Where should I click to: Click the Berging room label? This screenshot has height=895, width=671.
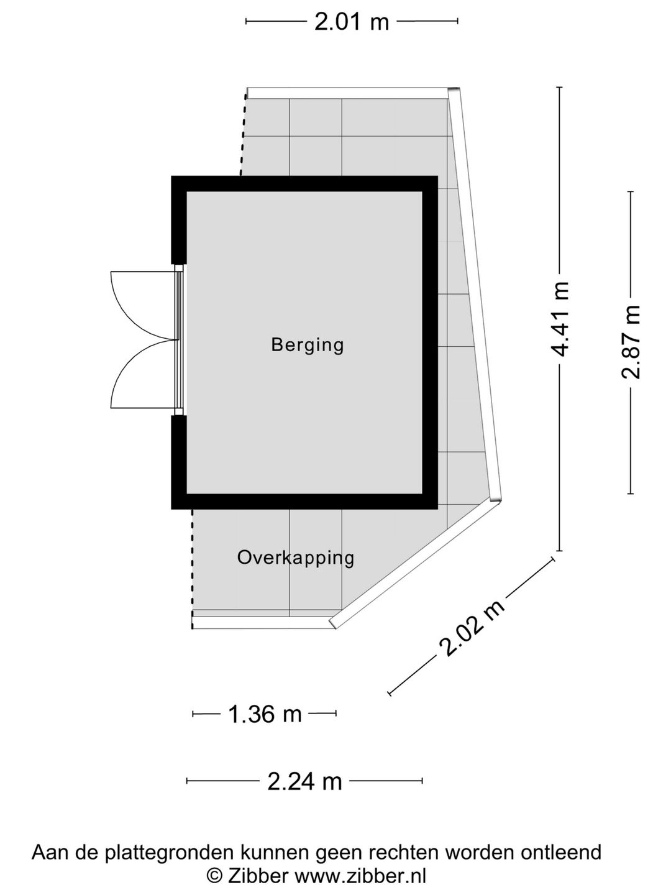[308, 345]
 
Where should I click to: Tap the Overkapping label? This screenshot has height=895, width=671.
[296, 558]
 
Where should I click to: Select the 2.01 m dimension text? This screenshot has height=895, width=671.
[352, 22]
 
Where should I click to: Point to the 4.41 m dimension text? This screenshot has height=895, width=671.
[559, 319]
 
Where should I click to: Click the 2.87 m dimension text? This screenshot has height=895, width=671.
[631, 342]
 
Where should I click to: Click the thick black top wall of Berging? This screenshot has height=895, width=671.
[304, 183]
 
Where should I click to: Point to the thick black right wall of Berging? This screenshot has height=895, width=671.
[430, 342]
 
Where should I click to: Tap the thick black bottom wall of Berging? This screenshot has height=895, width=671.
[304, 502]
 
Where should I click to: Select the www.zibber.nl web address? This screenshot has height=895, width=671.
[360, 876]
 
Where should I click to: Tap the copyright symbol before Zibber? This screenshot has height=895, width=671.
[214, 876]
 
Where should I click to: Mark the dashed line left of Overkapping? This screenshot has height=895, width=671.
[193, 569]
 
